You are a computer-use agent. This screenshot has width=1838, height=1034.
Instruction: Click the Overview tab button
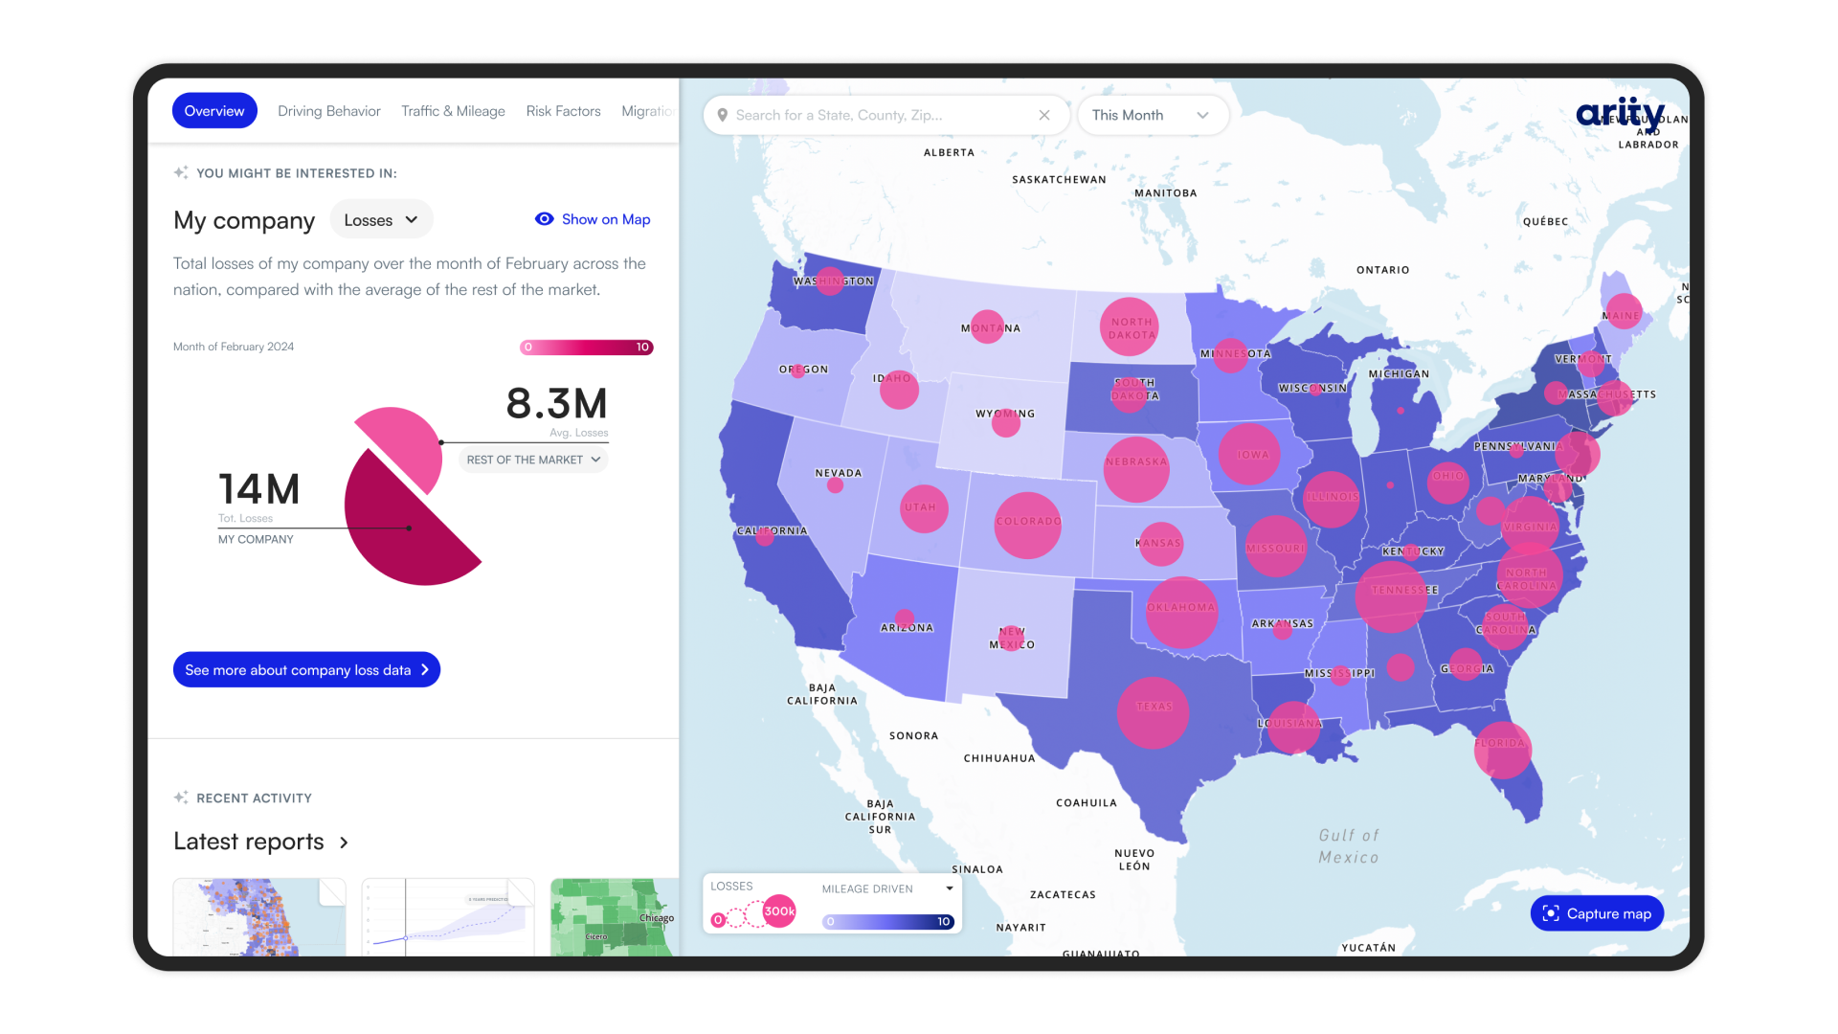click(x=214, y=111)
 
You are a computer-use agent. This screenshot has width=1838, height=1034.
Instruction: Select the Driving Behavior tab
click(x=328, y=111)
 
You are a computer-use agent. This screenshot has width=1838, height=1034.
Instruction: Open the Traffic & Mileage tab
click(x=453, y=111)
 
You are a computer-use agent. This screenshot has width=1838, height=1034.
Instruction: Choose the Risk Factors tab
click(x=563, y=111)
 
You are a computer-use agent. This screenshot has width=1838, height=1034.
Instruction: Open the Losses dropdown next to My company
click(x=381, y=220)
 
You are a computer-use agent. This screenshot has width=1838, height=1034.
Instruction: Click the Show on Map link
click(x=594, y=219)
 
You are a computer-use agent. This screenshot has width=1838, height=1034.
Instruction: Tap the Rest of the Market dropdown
click(x=533, y=460)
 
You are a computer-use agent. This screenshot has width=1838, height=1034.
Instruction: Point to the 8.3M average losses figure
click(x=556, y=404)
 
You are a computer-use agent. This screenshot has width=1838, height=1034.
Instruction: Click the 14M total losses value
click(x=258, y=489)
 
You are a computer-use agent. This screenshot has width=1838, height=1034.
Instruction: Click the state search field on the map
click(x=881, y=115)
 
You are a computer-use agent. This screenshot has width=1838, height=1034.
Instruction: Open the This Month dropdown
click(x=1152, y=115)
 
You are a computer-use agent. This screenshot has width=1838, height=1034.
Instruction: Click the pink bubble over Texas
click(x=1153, y=712)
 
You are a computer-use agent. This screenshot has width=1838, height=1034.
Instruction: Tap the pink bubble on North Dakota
click(x=1130, y=327)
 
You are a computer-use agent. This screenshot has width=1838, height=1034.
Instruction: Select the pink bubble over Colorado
click(x=1027, y=525)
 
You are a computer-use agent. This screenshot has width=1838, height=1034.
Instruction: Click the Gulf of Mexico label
click(x=1349, y=846)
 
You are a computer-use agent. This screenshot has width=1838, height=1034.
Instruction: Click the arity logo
click(x=1620, y=113)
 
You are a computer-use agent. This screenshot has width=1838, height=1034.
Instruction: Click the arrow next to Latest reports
click(x=344, y=843)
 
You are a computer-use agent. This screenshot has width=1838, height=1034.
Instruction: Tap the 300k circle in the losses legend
click(x=779, y=911)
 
